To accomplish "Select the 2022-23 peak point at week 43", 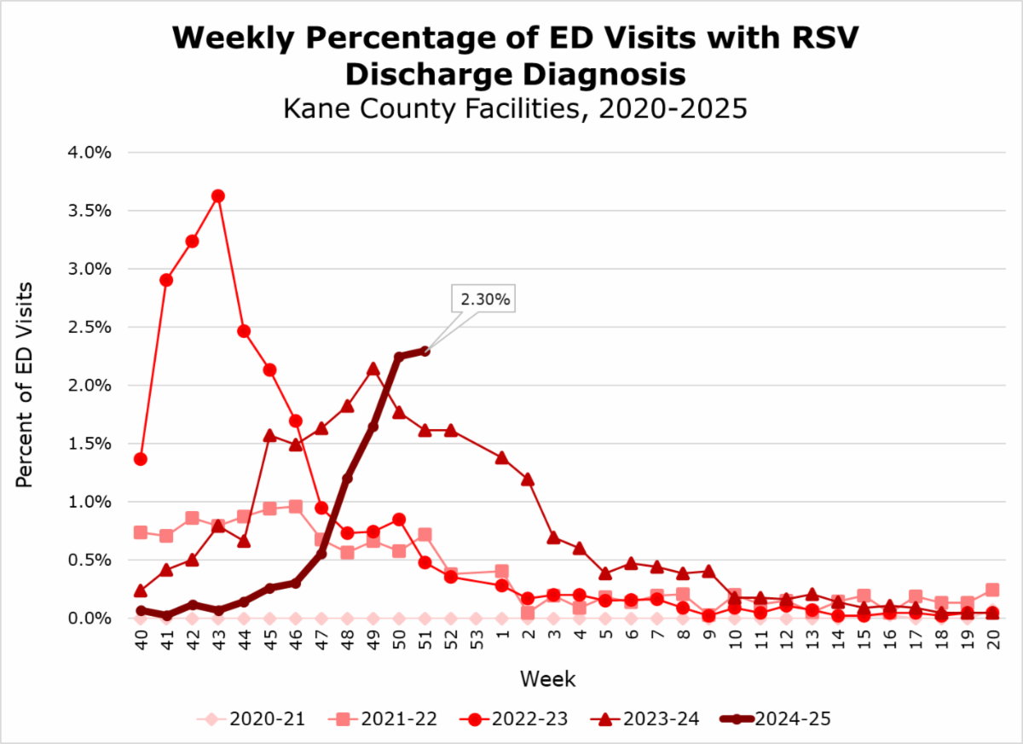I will [x=217, y=195].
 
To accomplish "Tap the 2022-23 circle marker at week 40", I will [x=141, y=459].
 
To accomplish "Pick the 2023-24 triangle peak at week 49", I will [x=373, y=369].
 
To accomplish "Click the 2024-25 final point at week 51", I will [x=425, y=351].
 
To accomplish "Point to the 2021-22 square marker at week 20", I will [x=993, y=590].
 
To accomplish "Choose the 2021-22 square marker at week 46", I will [x=295, y=506].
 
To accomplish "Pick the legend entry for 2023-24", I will [x=646, y=719].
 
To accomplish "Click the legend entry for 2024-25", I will [x=777, y=719].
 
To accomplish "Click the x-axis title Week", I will [x=548, y=680].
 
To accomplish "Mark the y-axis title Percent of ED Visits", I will [x=25, y=385].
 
